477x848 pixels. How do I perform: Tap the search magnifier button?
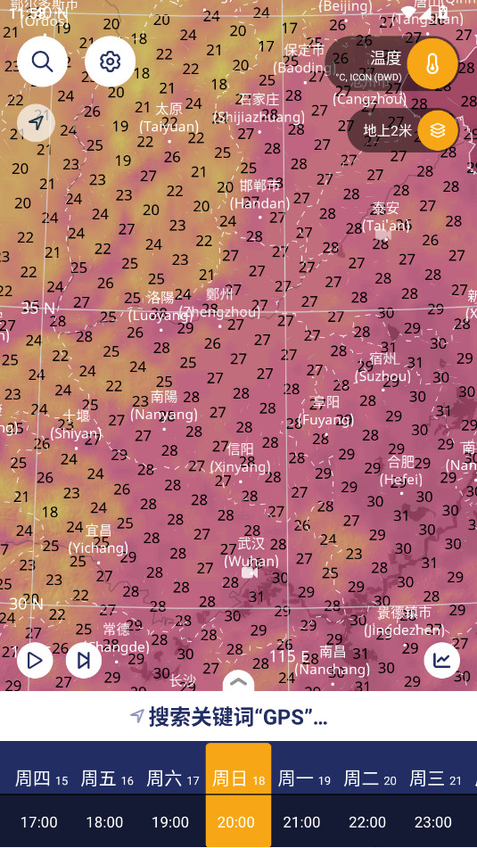click(42, 61)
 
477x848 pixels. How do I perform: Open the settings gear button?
click(110, 61)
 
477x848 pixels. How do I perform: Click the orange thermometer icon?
click(432, 64)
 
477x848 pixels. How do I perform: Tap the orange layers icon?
click(437, 130)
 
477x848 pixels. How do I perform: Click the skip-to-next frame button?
click(84, 660)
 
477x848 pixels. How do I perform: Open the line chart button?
click(441, 660)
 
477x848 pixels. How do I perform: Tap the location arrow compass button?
click(36, 122)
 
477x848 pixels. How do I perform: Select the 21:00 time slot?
click(301, 821)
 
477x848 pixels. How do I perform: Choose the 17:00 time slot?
click(39, 821)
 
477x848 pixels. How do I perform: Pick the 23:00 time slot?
click(433, 821)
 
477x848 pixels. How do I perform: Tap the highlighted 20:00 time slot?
click(236, 821)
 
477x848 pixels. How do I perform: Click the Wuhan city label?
click(251, 553)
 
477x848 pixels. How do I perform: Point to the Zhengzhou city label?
click(219, 303)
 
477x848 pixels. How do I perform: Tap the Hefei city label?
click(401, 470)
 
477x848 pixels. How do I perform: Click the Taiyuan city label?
click(169, 118)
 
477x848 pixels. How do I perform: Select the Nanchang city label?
click(333, 661)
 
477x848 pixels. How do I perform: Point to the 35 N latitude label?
click(37, 308)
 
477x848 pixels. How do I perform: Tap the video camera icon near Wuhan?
click(251, 572)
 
